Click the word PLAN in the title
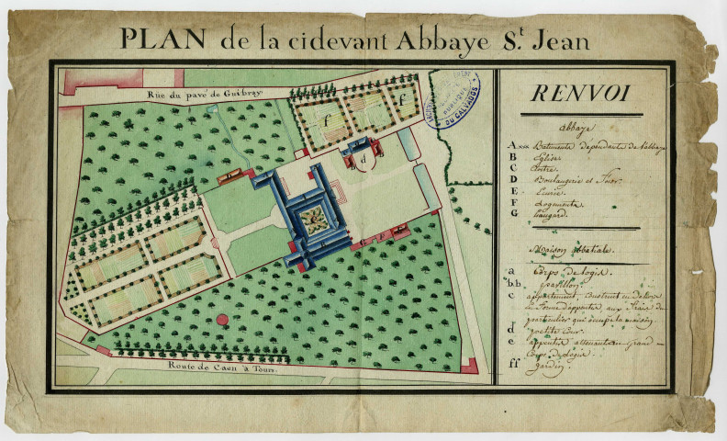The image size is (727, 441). [x=161, y=39]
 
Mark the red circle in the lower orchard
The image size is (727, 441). [x=222, y=320]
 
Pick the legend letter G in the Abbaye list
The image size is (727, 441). [x=514, y=213]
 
